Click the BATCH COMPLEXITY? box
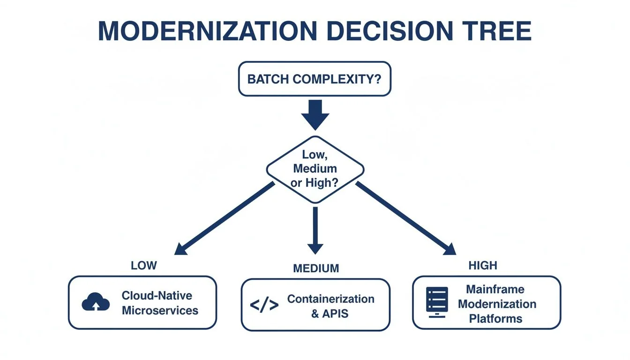(314, 79)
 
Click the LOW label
(144, 266)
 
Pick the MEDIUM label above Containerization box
(315, 269)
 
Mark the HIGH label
(482, 266)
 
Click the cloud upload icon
(96, 303)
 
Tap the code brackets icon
(264, 306)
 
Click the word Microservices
(160, 310)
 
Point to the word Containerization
(330, 299)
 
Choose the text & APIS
(330, 314)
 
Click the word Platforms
(495, 319)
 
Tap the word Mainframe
(495, 289)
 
